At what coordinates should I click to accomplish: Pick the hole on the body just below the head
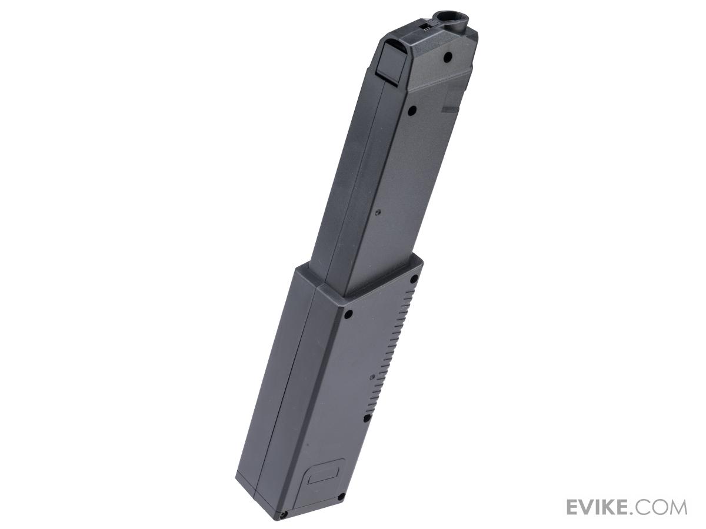click(x=411, y=111)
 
